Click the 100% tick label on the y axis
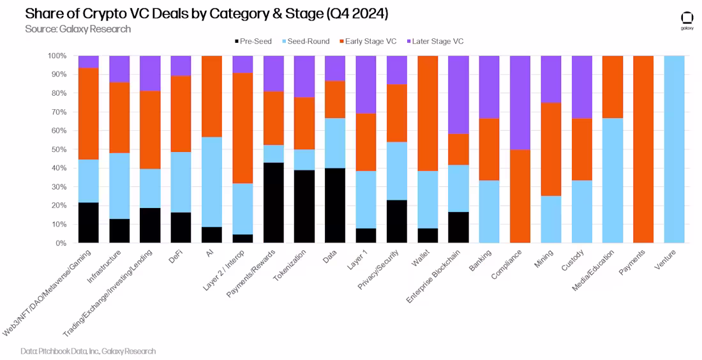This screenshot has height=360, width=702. [x=56, y=56]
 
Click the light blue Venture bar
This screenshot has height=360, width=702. [x=674, y=149]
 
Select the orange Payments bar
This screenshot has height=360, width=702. [x=643, y=149]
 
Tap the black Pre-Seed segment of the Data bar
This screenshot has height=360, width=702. [x=334, y=206]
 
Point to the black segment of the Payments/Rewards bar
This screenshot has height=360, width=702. [x=273, y=203]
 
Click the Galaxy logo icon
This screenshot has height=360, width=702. [x=687, y=19]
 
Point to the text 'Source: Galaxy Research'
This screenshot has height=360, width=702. [x=78, y=29]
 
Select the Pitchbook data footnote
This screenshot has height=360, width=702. [x=88, y=351]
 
